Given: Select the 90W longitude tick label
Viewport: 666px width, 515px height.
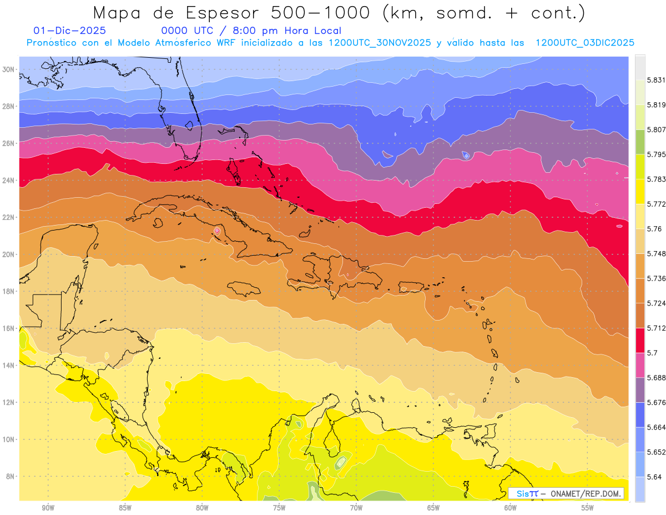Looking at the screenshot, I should [x=48, y=508].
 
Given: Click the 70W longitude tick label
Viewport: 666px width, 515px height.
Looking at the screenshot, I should [x=356, y=508].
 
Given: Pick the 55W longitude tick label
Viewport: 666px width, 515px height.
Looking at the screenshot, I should [x=588, y=508].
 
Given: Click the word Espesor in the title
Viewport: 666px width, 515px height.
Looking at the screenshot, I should [x=205, y=12].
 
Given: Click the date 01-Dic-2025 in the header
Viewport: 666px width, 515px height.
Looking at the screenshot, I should [x=69, y=31].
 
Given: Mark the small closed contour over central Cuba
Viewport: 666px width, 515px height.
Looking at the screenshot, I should [x=217, y=231].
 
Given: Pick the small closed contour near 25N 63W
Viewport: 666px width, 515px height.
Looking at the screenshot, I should [x=466, y=156].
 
